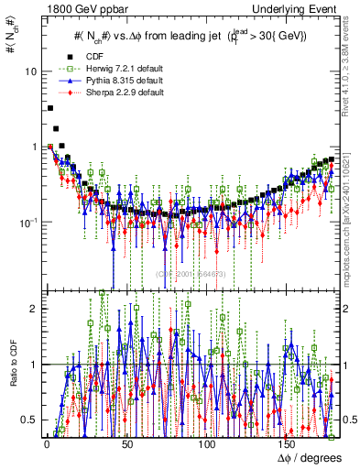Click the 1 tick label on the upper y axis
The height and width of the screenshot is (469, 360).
(x=35, y=147)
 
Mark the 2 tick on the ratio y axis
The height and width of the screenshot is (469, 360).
(x=35, y=309)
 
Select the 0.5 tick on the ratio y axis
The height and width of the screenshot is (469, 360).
(x=30, y=420)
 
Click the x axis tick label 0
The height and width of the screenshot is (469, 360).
(x=46, y=444)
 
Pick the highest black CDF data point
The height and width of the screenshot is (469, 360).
(x=49, y=108)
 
